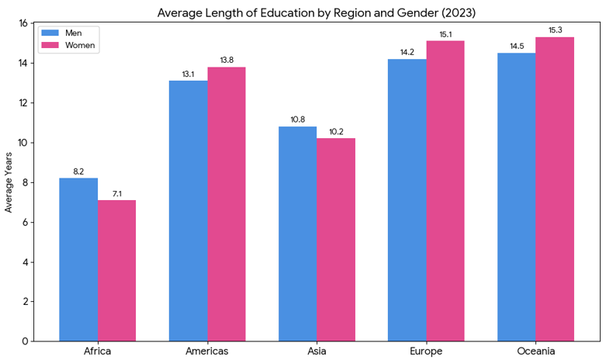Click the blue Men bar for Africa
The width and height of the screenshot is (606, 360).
click(78, 259)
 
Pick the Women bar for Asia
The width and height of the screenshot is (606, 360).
click(336, 240)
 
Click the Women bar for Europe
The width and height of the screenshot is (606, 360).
click(445, 191)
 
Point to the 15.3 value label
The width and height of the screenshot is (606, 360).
click(555, 29)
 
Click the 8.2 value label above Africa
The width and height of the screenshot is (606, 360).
click(78, 171)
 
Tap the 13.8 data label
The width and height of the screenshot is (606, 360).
click(227, 60)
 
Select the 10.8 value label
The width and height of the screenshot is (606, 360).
click(297, 119)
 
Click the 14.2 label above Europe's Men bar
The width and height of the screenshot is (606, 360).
click(407, 52)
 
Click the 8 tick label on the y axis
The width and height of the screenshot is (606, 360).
click(26, 182)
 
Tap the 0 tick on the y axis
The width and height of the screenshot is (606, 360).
click(26, 341)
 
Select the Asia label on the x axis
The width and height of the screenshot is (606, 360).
click(317, 351)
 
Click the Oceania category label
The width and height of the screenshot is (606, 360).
click(535, 351)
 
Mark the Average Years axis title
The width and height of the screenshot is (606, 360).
click(9, 182)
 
